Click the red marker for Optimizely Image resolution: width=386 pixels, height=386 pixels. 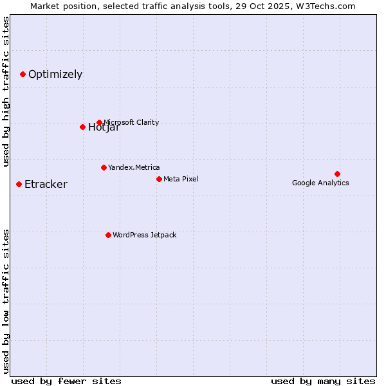(23, 75)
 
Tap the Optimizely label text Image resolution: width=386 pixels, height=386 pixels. (55, 75)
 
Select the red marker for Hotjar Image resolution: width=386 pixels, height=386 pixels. (82, 127)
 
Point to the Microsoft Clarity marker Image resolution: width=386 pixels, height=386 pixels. (99, 122)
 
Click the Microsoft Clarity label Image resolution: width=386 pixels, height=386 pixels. (131, 122)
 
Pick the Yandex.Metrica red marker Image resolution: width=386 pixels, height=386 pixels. (104, 167)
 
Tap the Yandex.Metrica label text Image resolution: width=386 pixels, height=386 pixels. (134, 167)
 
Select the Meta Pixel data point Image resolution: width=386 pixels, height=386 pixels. (159, 179)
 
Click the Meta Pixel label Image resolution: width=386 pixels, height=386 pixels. (181, 179)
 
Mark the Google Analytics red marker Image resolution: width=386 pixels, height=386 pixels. (337, 174)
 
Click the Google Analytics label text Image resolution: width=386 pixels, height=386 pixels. (320, 183)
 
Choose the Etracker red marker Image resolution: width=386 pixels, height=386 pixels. (19, 185)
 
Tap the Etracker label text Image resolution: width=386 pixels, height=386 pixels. (46, 185)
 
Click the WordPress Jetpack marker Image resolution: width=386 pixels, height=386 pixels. (108, 235)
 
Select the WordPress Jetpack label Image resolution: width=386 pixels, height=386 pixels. (144, 235)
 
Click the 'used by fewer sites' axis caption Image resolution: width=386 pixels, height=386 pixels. (66, 381)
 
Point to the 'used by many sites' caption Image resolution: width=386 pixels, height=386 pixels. (323, 381)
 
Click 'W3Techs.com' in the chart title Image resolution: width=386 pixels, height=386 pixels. (327, 6)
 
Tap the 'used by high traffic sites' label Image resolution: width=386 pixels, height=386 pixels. (6, 91)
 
